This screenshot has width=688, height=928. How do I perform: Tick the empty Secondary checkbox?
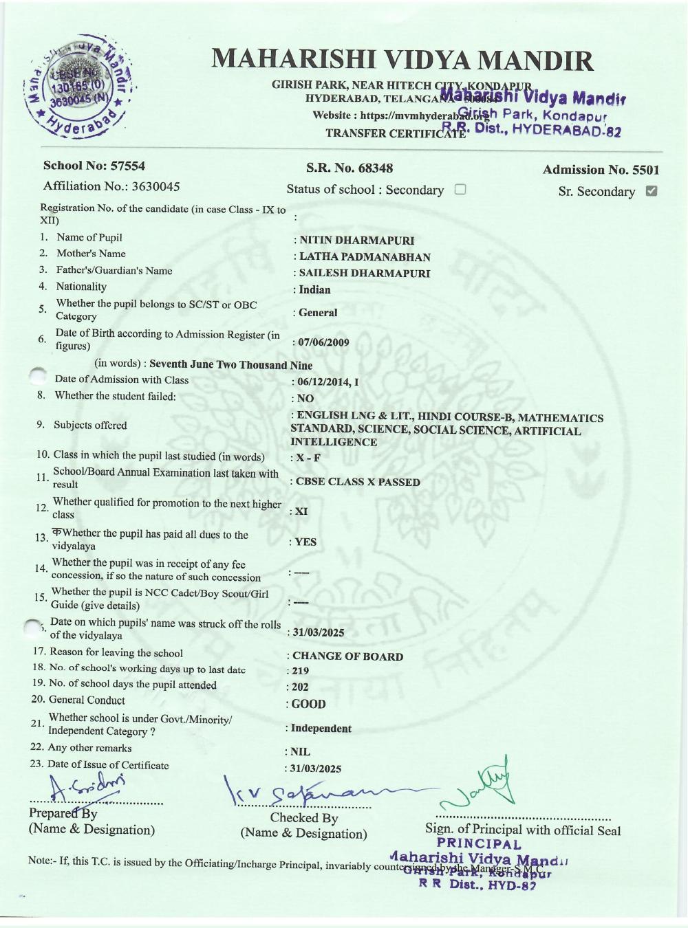pyautogui.click(x=460, y=190)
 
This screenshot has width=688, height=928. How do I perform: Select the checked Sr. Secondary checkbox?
pyautogui.click(x=652, y=191)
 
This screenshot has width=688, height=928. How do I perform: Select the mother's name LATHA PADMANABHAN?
pyautogui.click(x=365, y=257)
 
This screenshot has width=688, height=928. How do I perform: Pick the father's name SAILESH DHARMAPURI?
pyautogui.click(x=364, y=273)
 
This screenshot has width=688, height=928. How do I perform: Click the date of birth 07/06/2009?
pyautogui.click(x=323, y=342)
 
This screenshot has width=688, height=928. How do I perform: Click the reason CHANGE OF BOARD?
pyautogui.click(x=347, y=656)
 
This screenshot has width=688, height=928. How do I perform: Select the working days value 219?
pyautogui.click(x=300, y=671)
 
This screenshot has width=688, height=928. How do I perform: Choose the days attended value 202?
pyautogui.click(x=300, y=687)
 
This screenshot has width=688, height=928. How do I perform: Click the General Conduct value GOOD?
pyautogui.click(x=308, y=704)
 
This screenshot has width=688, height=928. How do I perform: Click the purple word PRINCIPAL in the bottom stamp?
pyautogui.click(x=479, y=844)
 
